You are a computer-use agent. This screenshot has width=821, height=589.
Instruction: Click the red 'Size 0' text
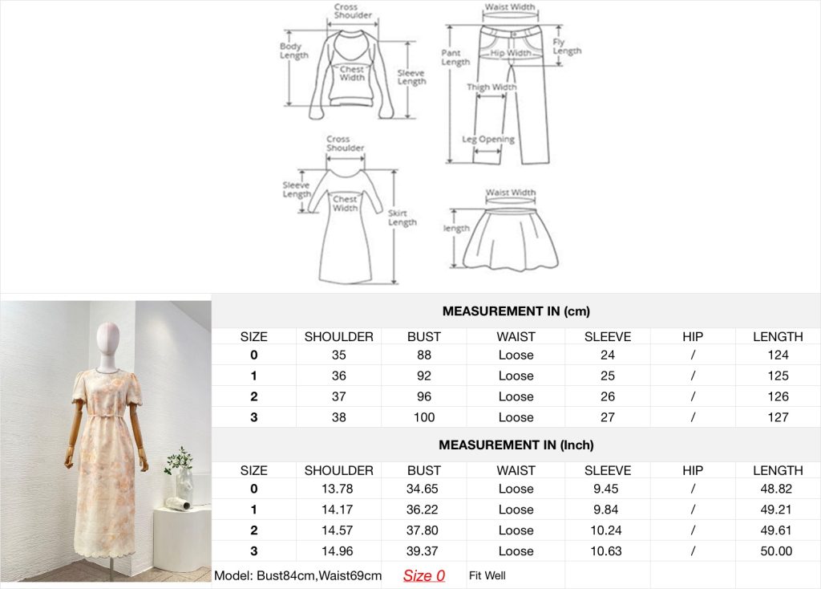pos(423,575)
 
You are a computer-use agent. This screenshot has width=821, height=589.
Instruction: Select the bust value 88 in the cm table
pos(424,355)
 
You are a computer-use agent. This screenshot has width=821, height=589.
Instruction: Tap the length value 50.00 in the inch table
pos(776,550)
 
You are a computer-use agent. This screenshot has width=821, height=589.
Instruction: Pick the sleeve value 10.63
pos(606,550)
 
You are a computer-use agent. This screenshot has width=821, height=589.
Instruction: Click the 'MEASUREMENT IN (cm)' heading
pos(516,311)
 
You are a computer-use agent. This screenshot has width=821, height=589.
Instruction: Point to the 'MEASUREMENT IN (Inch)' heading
pos(516,445)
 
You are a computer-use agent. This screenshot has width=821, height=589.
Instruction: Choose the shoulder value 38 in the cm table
pos(339,417)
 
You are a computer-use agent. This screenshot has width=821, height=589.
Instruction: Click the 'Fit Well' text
pos(487,575)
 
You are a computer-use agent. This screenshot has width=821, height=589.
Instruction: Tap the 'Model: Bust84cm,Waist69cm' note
pos(298,575)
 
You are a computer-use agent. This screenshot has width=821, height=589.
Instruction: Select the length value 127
pos(778,417)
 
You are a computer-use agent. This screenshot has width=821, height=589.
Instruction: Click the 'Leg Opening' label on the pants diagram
pos(488,140)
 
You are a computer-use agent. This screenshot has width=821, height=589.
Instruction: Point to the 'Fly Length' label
pos(567,46)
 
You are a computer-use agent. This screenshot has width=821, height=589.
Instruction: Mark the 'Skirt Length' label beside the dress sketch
pos(402,217)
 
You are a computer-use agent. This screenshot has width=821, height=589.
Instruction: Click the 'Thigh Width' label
pos(491,87)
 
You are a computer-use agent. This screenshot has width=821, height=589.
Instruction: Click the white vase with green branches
pos(184,477)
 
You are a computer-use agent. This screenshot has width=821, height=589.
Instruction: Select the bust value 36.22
pos(422,510)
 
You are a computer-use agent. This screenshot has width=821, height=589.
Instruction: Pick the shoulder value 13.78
pos(338,489)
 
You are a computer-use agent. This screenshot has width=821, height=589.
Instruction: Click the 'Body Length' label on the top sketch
pos(293,51)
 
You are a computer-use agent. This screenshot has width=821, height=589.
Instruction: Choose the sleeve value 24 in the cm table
pos(608,355)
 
